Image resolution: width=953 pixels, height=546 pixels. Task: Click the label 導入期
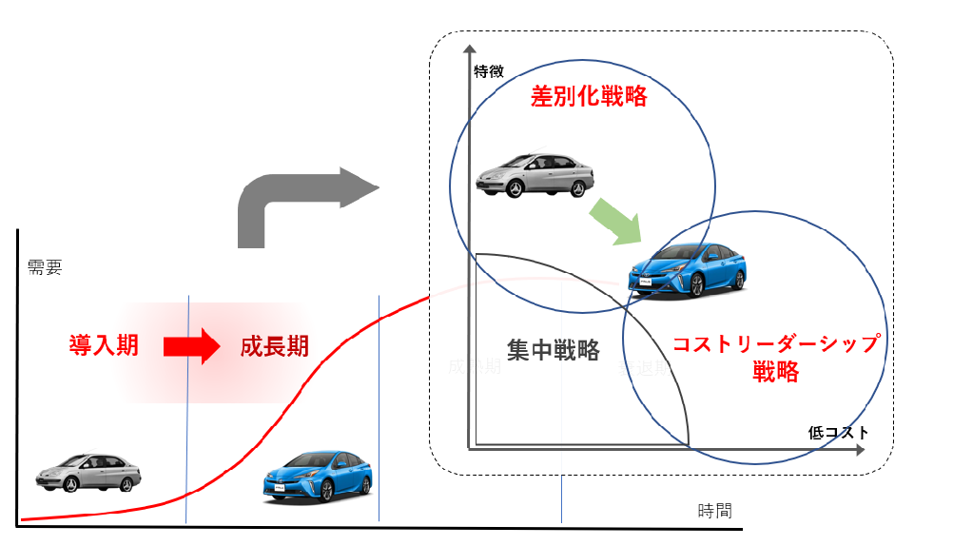click(104, 345)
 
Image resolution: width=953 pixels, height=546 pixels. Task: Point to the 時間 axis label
click(714, 511)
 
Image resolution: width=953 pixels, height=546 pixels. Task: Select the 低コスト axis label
click(838, 432)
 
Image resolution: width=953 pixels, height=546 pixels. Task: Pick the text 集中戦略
click(553, 350)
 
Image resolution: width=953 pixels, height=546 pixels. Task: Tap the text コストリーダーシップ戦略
click(776, 357)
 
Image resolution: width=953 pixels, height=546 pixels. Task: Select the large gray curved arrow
click(295, 205)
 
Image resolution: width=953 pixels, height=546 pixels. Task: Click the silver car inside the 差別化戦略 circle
click(535, 175)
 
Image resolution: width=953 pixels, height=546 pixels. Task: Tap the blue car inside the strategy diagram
click(687, 268)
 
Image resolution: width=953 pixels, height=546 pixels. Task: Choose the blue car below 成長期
click(318, 477)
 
